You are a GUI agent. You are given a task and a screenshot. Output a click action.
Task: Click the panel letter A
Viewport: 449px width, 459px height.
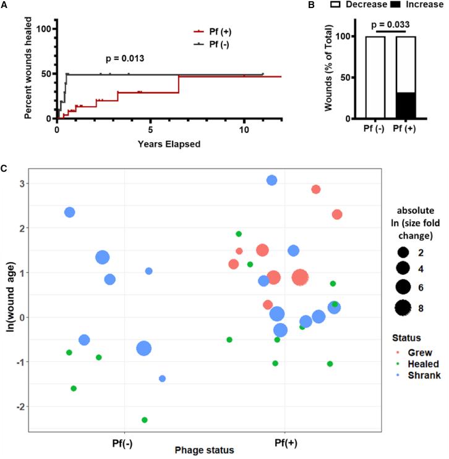[x=5, y=5]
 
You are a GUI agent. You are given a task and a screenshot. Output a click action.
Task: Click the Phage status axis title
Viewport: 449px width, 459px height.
[x=204, y=450]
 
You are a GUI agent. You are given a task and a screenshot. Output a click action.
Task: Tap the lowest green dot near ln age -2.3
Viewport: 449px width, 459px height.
[x=145, y=419]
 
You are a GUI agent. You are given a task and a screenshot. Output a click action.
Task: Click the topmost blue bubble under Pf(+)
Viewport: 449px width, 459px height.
[x=272, y=180]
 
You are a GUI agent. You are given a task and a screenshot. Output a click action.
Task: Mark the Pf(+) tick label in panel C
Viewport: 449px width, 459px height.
[x=284, y=442]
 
